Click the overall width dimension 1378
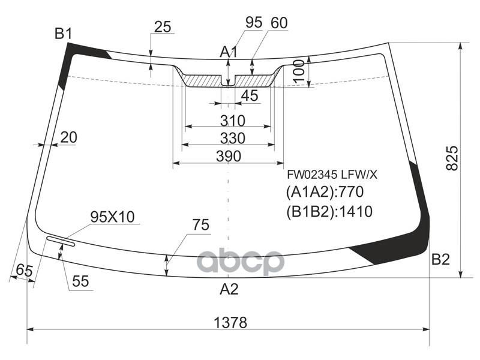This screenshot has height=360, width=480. (230, 322)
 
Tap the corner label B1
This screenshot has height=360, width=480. (64, 34)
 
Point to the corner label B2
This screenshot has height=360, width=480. (440, 260)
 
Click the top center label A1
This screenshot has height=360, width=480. (229, 53)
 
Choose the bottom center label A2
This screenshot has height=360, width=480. (229, 289)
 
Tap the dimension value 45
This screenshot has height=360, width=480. (249, 95)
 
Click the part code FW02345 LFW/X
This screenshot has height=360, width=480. (332, 175)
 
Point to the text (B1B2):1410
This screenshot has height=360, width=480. (329, 211)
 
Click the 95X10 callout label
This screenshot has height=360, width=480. (113, 217)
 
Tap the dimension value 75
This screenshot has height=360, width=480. (201, 226)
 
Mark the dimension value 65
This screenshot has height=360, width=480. (24, 271)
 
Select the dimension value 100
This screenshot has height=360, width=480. (300, 73)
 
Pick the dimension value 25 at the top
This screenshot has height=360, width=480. (163, 26)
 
